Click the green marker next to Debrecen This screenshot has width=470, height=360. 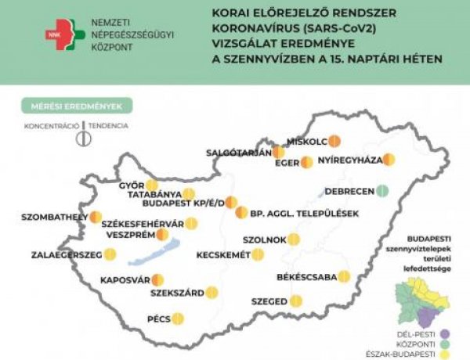point(381,190)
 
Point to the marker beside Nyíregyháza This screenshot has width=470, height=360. point(389,160)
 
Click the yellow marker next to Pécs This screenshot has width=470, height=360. point(178,319)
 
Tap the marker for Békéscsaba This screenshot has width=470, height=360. point(344,276)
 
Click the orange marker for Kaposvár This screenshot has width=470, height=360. point(158,279)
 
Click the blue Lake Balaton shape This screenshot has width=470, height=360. point(158,250)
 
